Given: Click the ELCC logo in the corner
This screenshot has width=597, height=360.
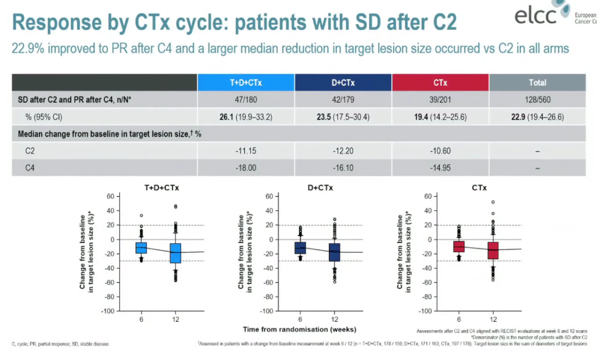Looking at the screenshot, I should [x=545, y=15].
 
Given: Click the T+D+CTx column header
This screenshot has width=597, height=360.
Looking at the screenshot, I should [x=246, y=83].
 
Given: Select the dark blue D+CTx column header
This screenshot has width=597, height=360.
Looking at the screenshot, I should [x=343, y=83].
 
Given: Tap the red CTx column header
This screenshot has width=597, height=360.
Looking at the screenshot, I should [x=441, y=83].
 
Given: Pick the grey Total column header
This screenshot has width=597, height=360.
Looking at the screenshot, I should [x=537, y=83].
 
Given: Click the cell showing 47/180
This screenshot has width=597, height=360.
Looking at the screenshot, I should [x=246, y=100].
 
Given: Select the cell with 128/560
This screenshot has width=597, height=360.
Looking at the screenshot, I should [x=537, y=100].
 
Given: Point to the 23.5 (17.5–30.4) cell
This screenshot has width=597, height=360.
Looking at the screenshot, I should [x=343, y=117].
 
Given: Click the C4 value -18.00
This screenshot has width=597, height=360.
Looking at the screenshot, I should [x=246, y=168].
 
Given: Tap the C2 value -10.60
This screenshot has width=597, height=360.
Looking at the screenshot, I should [x=441, y=150].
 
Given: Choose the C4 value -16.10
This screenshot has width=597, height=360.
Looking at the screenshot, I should [x=343, y=168].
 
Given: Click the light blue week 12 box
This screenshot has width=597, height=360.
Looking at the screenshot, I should [x=176, y=253].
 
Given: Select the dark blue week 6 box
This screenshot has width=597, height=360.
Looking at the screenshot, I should [x=300, y=248].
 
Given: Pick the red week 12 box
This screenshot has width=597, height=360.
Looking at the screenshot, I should [x=493, y=251].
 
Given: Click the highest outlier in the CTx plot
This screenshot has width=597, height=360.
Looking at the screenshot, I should [x=493, y=202].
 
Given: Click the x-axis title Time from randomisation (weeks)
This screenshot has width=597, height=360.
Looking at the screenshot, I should [x=299, y=330].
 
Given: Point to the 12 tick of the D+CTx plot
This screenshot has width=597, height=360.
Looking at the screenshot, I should [x=334, y=320].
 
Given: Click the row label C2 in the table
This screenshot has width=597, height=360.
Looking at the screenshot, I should [x=32, y=150].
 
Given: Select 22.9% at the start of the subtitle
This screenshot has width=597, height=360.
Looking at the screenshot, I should [x=29, y=49].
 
